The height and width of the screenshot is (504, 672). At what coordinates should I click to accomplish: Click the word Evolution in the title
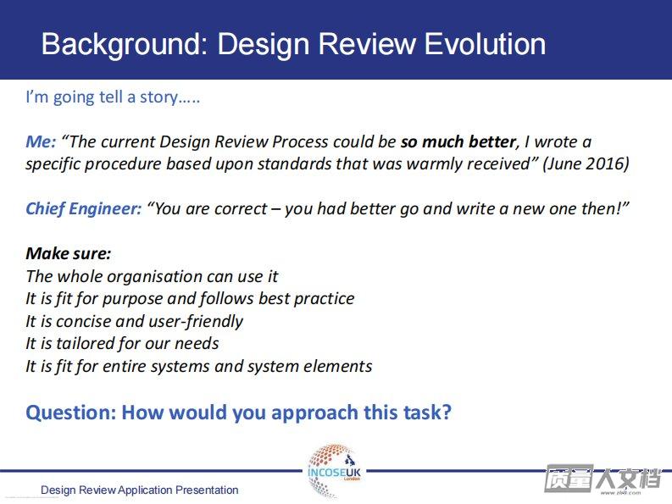485,44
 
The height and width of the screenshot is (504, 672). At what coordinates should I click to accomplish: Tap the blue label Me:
41,141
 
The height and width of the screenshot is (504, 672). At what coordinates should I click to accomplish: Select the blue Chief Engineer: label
84,208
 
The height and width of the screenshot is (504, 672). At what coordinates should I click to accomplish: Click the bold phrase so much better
458,141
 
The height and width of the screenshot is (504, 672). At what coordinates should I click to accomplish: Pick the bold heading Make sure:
68,253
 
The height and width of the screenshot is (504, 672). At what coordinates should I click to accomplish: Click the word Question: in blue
71,413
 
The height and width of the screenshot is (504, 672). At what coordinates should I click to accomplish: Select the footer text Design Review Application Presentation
139,490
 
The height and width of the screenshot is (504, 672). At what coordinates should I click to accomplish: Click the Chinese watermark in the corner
603,478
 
